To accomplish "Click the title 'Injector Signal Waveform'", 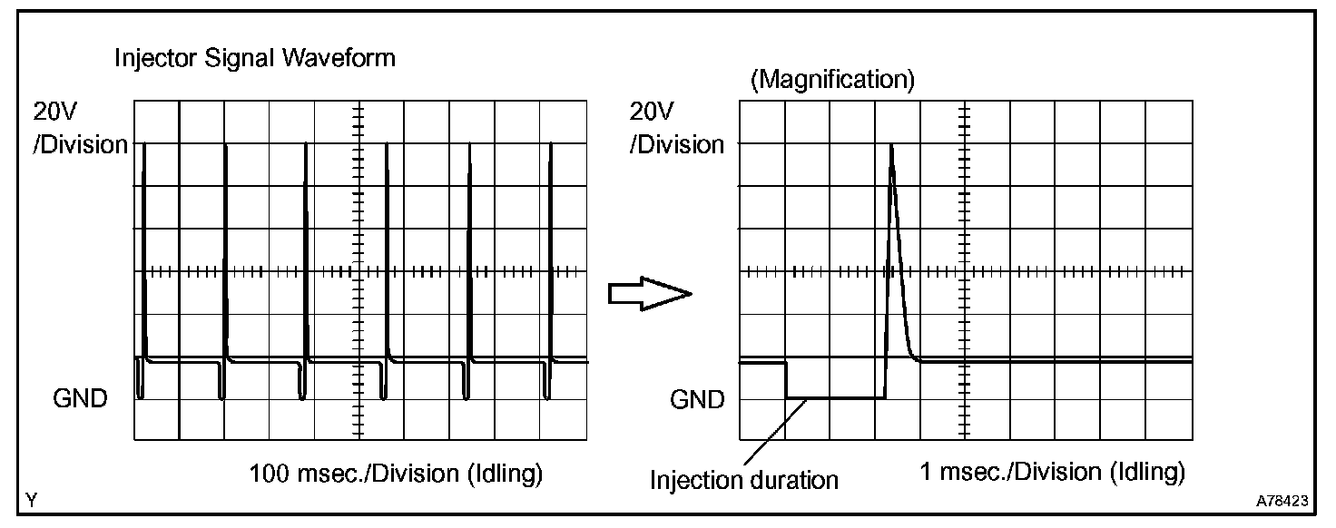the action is coord(255,59).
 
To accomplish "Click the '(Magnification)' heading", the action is coord(832,79).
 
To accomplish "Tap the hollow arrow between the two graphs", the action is coord(650,293).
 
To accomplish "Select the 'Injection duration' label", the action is coord(743,480).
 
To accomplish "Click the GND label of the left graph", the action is coord(80,398).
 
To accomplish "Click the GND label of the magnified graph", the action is coord(697,400).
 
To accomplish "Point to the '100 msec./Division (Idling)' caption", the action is coord(396,474).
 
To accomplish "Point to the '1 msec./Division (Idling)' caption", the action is coord(1052,473).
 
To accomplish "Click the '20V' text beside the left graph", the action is coord(54,112).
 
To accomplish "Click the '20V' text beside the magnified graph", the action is coord(652,112).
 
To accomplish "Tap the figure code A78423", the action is coord(1282,501).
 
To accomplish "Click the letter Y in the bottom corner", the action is coord(32,501).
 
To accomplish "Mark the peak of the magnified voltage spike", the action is coord(891,145).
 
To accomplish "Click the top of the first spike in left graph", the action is coord(143,143).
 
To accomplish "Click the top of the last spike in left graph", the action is coord(550,143).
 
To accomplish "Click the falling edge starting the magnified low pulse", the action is coord(786,379).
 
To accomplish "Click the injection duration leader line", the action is coord(775,432).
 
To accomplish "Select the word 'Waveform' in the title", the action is coord(339,59).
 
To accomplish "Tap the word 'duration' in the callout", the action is coord(794,480).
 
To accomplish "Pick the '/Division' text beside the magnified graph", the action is coord(677,145).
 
